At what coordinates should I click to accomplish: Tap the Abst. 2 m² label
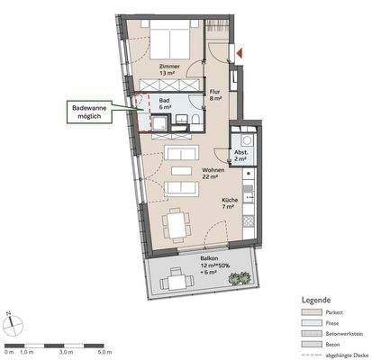(243, 156)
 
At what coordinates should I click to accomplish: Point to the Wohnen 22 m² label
(213, 174)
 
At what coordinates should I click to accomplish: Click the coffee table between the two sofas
(178, 171)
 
